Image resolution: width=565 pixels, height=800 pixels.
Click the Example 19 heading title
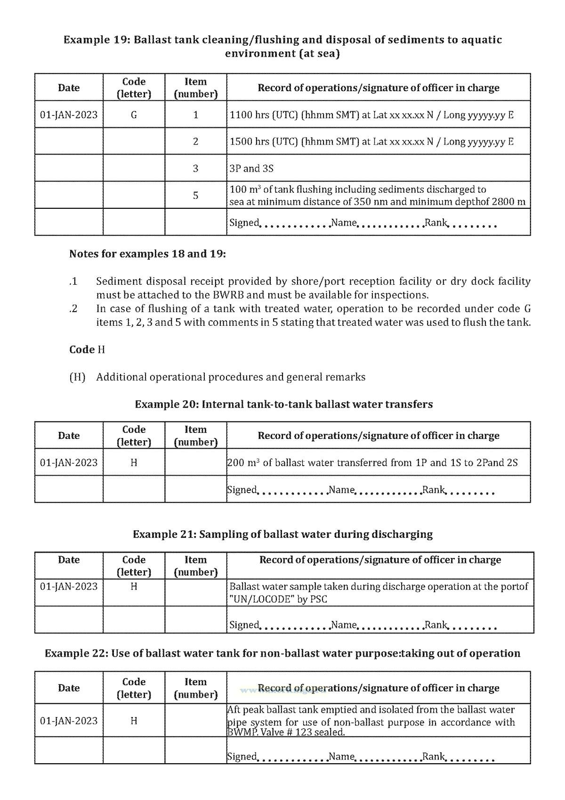(282, 46)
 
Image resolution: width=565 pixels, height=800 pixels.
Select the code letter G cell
(134, 115)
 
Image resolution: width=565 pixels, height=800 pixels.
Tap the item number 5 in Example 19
(195, 195)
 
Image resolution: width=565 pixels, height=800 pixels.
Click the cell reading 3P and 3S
(251, 168)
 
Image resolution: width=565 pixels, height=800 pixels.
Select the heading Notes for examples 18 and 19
(147, 254)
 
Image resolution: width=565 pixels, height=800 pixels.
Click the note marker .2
(73, 309)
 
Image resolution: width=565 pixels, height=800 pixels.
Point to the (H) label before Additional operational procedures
(77, 377)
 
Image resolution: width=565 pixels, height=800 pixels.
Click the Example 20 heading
(283, 404)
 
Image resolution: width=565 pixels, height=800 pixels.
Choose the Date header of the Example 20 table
(69, 436)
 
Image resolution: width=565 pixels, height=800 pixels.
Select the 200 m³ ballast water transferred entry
(372, 462)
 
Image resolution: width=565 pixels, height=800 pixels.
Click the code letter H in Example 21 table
(134, 586)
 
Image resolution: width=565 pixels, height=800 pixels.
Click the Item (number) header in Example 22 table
(195, 688)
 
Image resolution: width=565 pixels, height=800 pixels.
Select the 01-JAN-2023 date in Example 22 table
(69, 721)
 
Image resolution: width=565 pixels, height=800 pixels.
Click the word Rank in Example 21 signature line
(436, 625)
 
